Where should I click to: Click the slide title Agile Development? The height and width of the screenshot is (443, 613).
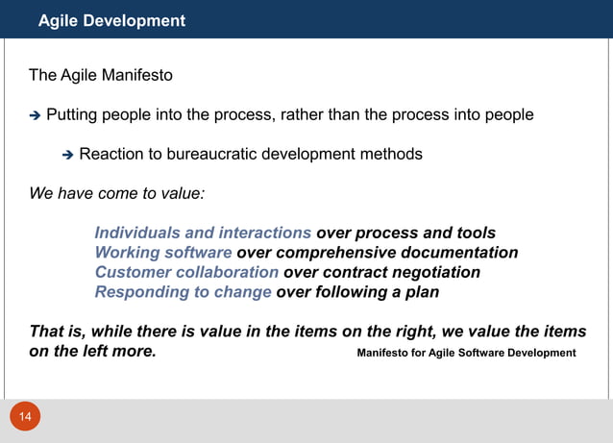pyautogui.click(x=111, y=20)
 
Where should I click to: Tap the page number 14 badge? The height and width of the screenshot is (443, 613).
pyautogui.click(x=25, y=417)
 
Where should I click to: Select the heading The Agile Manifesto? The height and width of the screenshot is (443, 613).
pyautogui.click(x=101, y=75)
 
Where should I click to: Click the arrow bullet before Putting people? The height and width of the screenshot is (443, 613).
pyautogui.click(x=36, y=116)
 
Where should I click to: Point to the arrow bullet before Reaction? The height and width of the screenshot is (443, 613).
pyautogui.click(x=68, y=155)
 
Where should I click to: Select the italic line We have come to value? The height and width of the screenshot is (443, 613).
pyautogui.click(x=116, y=192)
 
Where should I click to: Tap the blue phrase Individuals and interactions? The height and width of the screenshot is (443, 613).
pyautogui.click(x=203, y=233)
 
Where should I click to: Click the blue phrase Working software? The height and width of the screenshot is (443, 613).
pyautogui.click(x=163, y=253)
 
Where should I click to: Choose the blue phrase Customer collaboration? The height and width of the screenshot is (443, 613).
pyautogui.click(x=186, y=273)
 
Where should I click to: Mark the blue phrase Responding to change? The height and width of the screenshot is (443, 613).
pyautogui.click(x=183, y=292)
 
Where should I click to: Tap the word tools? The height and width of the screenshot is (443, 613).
pyautogui.click(x=475, y=233)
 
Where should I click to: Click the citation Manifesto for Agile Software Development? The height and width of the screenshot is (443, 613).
pyautogui.click(x=466, y=353)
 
